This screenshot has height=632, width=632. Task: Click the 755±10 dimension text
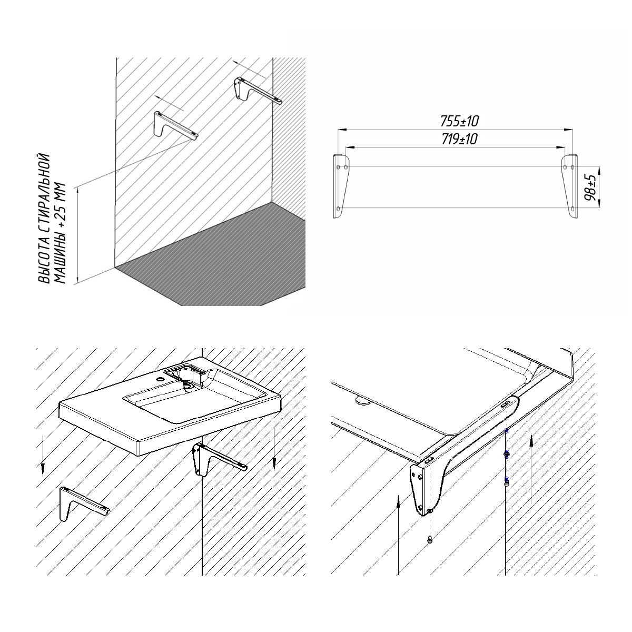(459, 121)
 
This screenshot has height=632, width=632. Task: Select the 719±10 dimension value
(459, 140)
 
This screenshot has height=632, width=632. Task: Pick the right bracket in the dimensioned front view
(569, 186)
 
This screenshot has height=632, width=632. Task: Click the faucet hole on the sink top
(161, 380)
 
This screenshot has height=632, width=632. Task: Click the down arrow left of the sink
(43, 456)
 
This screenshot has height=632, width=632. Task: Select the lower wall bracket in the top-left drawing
(176, 125)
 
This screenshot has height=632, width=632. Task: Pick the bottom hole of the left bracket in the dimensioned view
(338, 208)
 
